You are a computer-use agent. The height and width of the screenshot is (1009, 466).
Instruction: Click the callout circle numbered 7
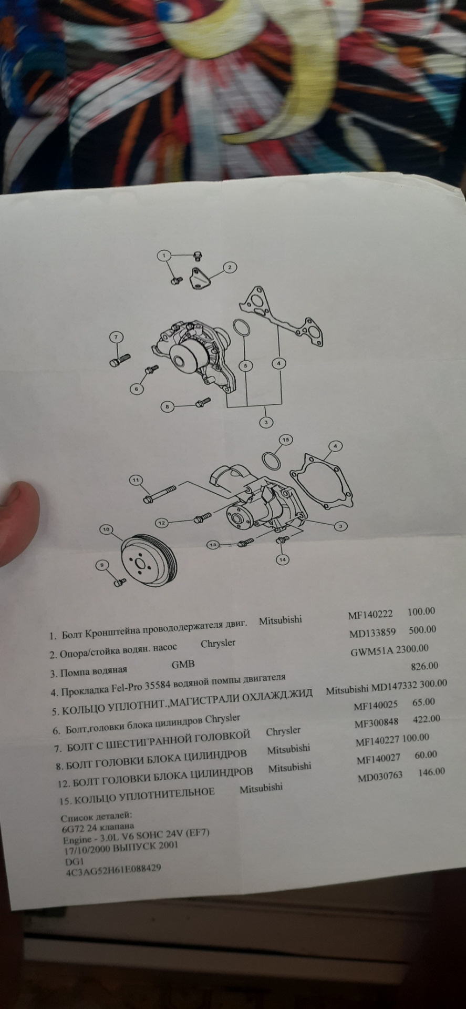click(x=116, y=337)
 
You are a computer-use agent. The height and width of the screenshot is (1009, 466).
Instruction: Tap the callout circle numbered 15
click(x=285, y=439)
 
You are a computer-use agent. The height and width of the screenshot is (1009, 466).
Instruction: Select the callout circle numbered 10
click(x=107, y=529)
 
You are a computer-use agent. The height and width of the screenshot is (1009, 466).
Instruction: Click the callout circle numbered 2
click(x=230, y=268)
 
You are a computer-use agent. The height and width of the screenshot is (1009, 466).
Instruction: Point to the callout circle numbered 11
click(x=136, y=480)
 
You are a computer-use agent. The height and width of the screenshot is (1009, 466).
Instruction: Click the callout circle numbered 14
click(x=283, y=559)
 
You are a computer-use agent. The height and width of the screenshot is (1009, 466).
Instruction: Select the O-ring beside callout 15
click(x=271, y=461)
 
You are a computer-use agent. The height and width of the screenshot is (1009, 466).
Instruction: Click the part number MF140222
click(x=369, y=615)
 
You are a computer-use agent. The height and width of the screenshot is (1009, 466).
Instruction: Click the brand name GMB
click(x=183, y=664)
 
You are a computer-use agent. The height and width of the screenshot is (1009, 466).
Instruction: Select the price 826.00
click(x=424, y=666)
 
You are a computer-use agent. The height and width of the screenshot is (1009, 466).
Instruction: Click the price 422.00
click(x=427, y=719)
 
